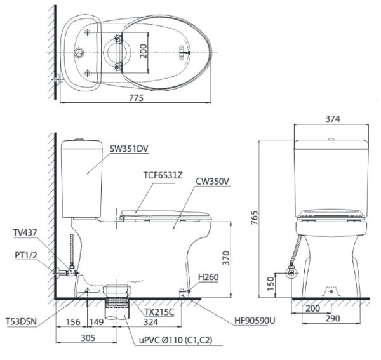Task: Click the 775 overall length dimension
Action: click(x=137, y=98)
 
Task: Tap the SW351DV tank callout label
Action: click(x=129, y=149)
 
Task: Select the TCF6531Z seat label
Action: click(x=163, y=175)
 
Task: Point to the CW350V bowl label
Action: click(x=212, y=182)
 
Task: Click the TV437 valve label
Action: click(x=25, y=233)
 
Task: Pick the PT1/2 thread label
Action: click(x=26, y=255)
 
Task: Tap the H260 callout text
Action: click(x=208, y=277)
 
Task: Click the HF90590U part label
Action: click(x=255, y=321)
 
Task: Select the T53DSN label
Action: click(x=22, y=322)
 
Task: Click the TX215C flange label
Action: click(x=159, y=312)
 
